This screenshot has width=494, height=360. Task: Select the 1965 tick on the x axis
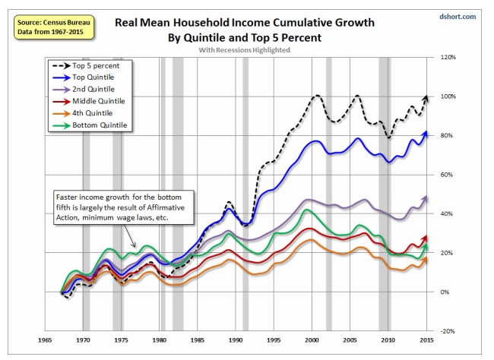pyautogui.click(x=44, y=339)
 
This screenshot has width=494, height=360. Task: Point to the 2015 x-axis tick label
pyautogui.click(x=427, y=339)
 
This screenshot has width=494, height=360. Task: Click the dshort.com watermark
pyautogui.click(x=467, y=16)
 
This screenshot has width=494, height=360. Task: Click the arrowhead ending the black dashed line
pyautogui.click(x=427, y=96)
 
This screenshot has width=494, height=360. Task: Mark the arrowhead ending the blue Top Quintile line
pyautogui.click(x=427, y=134)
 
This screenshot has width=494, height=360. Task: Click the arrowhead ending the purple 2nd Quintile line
pyautogui.click(x=427, y=197)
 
